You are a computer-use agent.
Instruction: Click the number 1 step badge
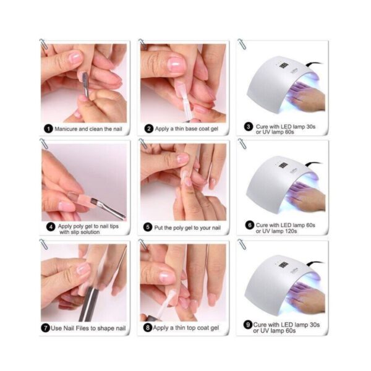pyautogui.click(x=48, y=129)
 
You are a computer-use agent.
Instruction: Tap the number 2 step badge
pyautogui.click(x=149, y=129)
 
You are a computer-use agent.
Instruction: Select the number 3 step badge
pyautogui.click(x=249, y=127)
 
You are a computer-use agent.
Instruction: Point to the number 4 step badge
pyautogui.click(x=51, y=227)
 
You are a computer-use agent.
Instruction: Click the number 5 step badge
pyautogui.click(x=148, y=228)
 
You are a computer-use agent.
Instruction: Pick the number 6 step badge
pyautogui.click(x=249, y=225)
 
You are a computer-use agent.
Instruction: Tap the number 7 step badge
pyautogui.click(x=46, y=328)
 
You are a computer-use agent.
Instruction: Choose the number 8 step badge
pyautogui.click(x=148, y=328)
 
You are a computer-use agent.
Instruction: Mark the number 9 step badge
pyautogui.click(x=248, y=325)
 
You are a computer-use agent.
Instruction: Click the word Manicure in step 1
pyautogui.click(x=66, y=129)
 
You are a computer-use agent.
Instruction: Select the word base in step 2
pyautogui.click(x=191, y=129)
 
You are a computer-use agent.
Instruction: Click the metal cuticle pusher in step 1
pyautogui.click(x=85, y=85)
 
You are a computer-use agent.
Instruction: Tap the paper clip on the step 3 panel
pyautogui.click(x=242, y=45)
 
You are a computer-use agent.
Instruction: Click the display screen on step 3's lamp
pyautogui.click(x=283, y=65)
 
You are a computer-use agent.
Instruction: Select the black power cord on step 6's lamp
pyautogui.click(x=313, y=163)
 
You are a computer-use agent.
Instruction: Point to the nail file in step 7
pyautogui.click(x=89, y=304)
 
